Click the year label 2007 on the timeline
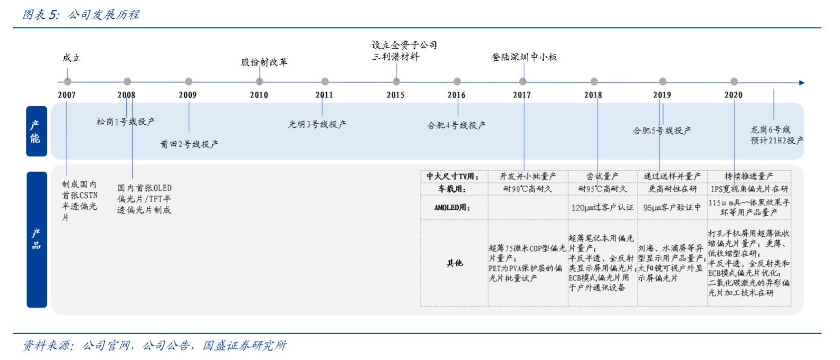(x=67, y=95)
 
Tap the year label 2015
(x=396, y=95)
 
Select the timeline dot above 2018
(x=594, y=82)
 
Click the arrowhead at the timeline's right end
(x=801, y=83)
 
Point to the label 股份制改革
(x=264, y=62)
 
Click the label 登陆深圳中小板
(x=524, y=57)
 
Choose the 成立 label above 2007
(x=72, y=58)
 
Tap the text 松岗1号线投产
(x=125, y=122)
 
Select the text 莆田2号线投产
(x=189, y=144)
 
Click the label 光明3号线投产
(x=317, y=124)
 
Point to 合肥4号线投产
(x=456, y=125)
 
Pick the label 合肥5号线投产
(x=662, y=131)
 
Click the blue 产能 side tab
(x=36, y=131)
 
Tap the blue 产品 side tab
(x=36, y=239)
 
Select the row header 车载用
(x=452, y=189)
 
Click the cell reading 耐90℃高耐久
(x=527, y=189)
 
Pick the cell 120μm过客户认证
(x=602, y=207)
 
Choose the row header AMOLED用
(x=452, y=207)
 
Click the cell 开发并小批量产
(x=527, y=176)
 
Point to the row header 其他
(x=454, y=263)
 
